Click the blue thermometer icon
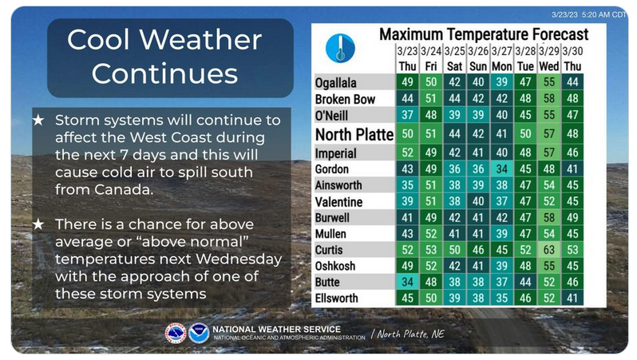[340, 49]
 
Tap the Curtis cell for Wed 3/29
[549, 250]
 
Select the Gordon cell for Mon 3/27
[502, 168]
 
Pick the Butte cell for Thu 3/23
[407, 282]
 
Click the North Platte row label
[354, 134]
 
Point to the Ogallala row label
[335, 83]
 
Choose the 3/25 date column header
[454, 52]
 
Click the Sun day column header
[478, 66]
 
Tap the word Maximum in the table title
[411, 34]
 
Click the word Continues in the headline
[164, 73]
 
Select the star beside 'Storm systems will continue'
[38, 121]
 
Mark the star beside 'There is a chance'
[38, 224]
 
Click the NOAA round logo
[199, 334]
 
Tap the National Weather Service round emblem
[176, 334]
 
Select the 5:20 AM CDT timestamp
[603, 14]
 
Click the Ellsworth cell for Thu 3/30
[572, 298]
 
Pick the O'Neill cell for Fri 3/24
[431, 115]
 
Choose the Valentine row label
[338, 202]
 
